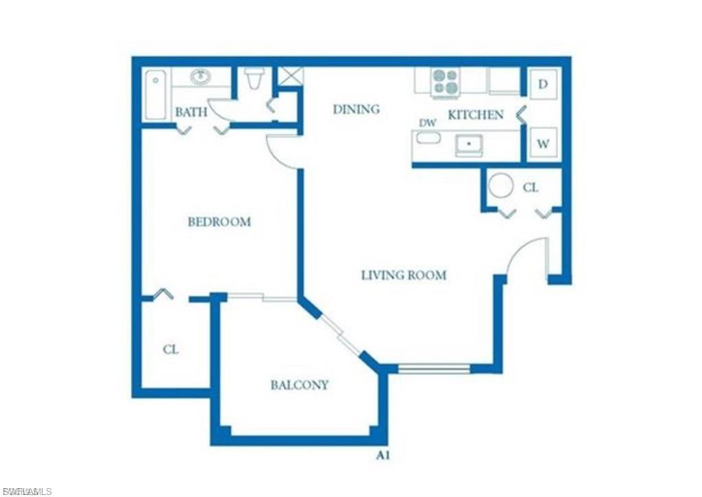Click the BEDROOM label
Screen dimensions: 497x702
(219, 222)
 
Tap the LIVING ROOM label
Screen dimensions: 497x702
(404, 276)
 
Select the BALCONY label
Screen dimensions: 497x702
(299, 385)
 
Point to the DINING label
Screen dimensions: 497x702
(356, 109)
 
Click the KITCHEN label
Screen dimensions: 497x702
(476, 115)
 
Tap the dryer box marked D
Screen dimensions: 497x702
(543, 84)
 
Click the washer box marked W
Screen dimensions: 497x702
(543, 145)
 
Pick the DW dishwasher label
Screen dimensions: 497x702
(428, 123)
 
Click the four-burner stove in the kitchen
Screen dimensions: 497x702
(446, 82)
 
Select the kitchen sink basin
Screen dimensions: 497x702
(469, 145)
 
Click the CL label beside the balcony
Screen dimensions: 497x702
(171, 350)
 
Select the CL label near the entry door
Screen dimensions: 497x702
(531, 187)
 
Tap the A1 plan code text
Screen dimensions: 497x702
(384, 455)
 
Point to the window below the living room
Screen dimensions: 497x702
(434, 369)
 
